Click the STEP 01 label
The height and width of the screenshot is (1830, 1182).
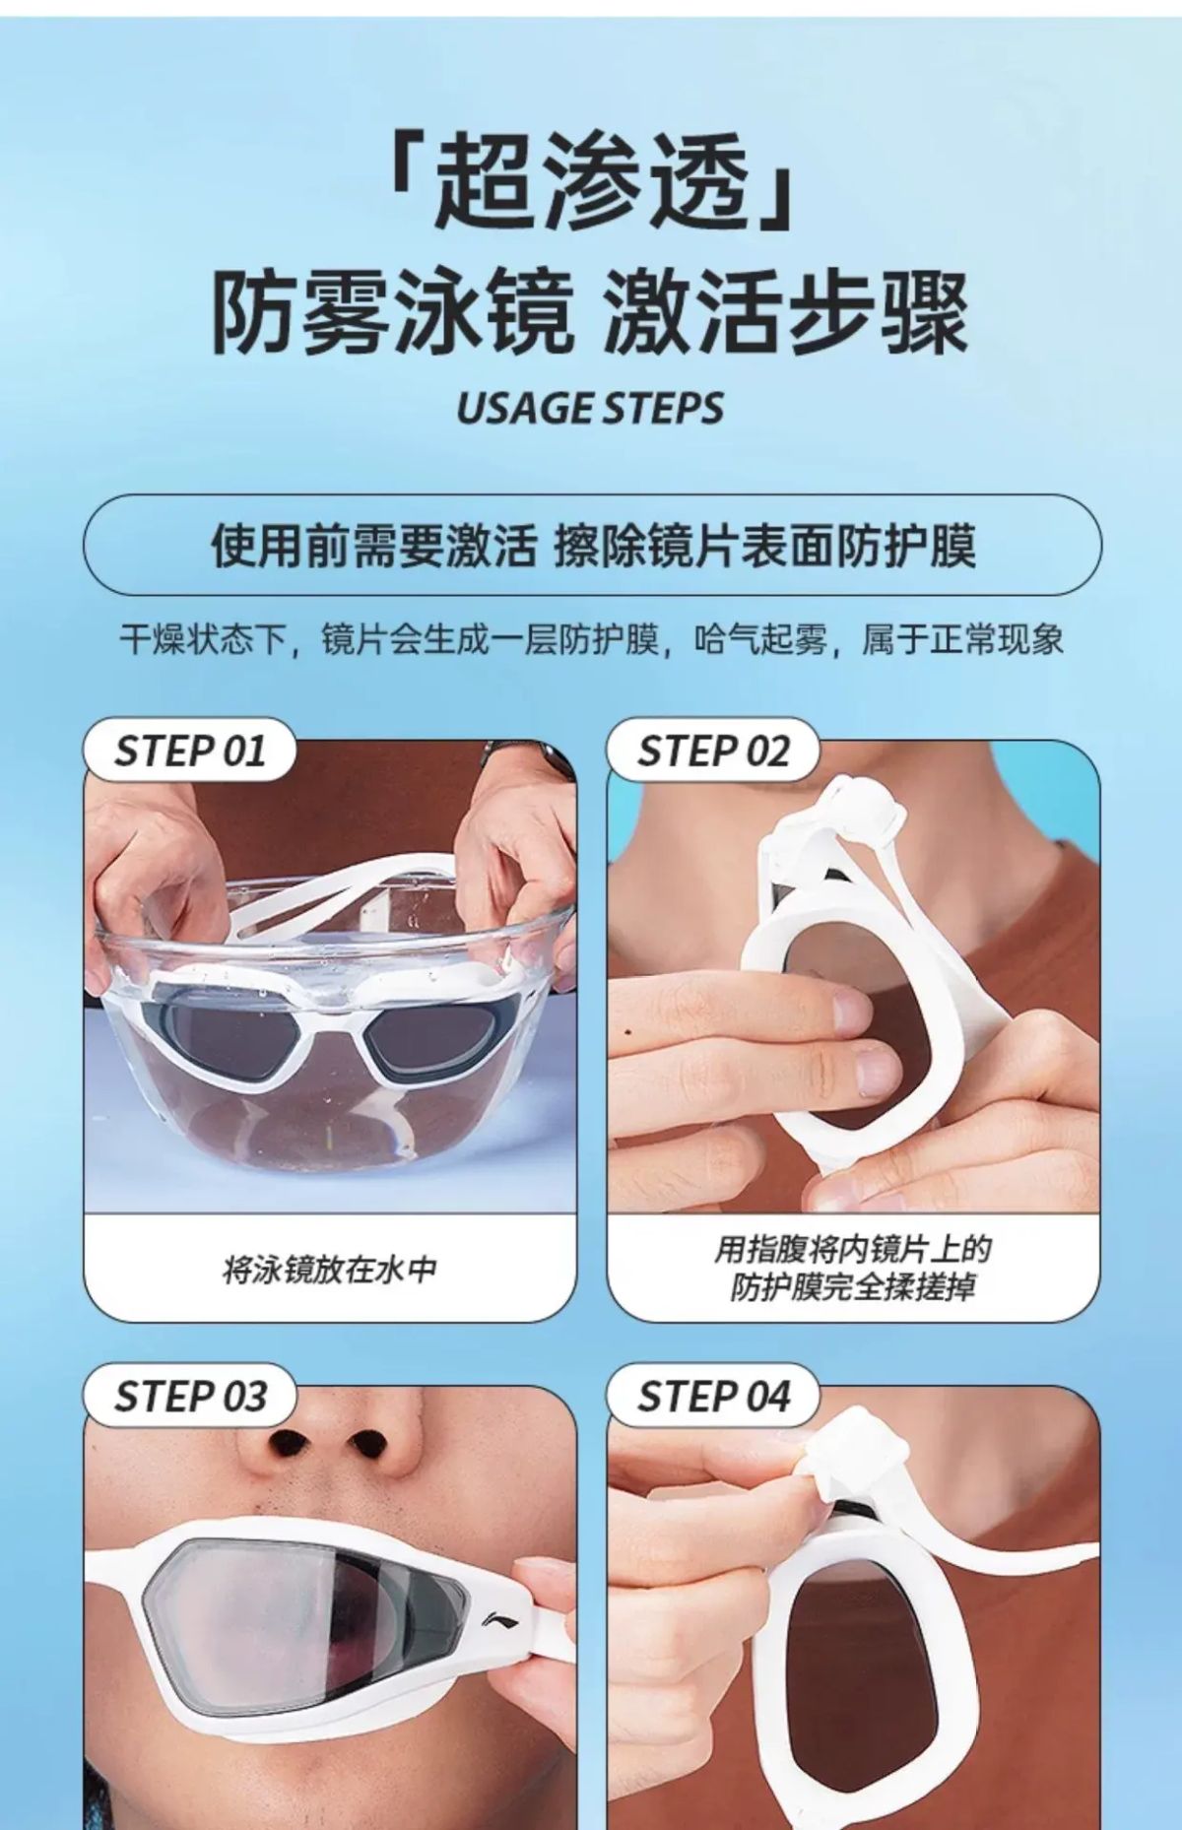pyautogui.click(x=190, y=752)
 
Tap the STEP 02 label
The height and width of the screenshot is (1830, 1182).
pyautogui.click(x=713, y=752)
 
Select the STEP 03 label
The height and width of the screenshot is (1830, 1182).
pyautogui.click(x=190, y=1396)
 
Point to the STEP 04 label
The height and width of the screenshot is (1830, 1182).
pyautogui.click(x=713, y=1396)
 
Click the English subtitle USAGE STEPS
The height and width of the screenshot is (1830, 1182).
pyautogui.click(x=590, y=408)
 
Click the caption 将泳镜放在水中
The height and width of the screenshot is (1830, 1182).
pyautogui.click(x=330, y=1270)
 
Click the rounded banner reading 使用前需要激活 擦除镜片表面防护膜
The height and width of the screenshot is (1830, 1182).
pyautogui.click(x=592, y=545)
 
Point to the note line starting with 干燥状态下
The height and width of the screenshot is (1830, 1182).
pyautogui.click(x=591, y=640)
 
